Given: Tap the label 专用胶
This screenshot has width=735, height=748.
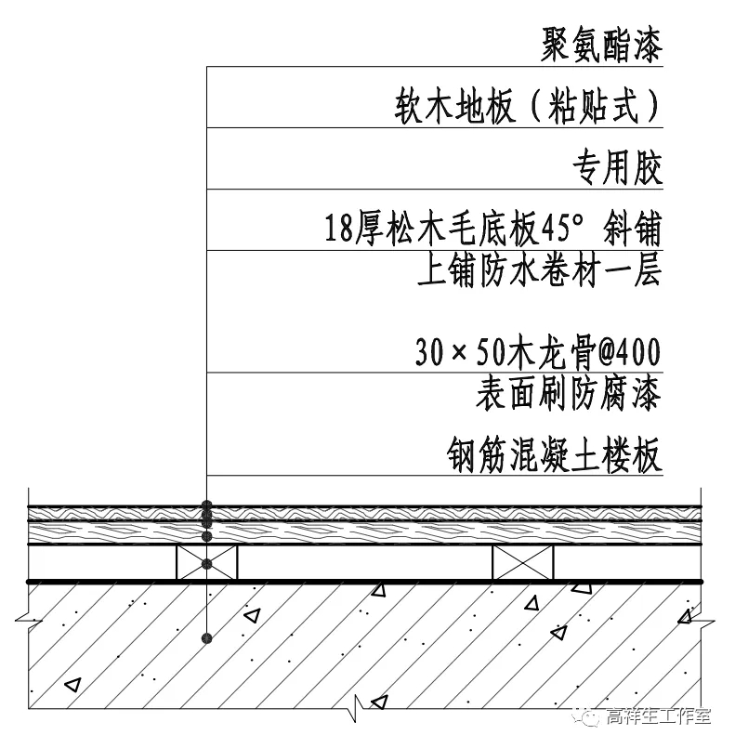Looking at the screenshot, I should click(616, 169).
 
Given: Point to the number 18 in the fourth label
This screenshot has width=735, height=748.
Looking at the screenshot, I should click(339, 228).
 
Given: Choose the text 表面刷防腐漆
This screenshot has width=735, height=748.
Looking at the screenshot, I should click(568, 394).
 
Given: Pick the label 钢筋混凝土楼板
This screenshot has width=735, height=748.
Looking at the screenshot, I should click(555, 456).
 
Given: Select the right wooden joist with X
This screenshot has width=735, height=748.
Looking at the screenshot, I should click(522, 563).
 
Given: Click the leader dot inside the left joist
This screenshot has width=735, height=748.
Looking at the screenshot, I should click(207, 563).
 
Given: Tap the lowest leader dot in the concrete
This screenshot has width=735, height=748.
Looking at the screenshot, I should click(207, 637).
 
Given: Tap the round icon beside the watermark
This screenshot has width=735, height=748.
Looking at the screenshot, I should click(589, 716).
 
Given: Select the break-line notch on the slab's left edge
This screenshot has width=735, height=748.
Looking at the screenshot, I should click(25, 614).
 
